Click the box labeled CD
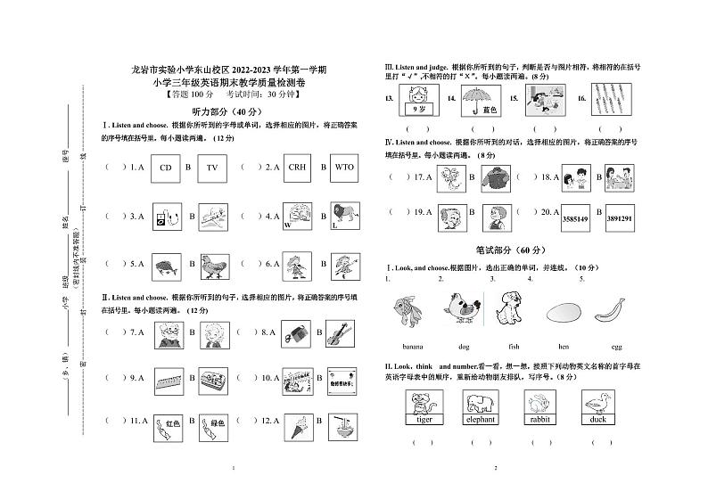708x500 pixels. point(165,167)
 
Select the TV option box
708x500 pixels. point(212,167)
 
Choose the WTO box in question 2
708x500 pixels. point(344,167)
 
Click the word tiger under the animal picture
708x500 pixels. point(424,418)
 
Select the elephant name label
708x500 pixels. point(480,418)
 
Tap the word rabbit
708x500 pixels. point(539,418)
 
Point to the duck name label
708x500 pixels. point(597,418)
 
